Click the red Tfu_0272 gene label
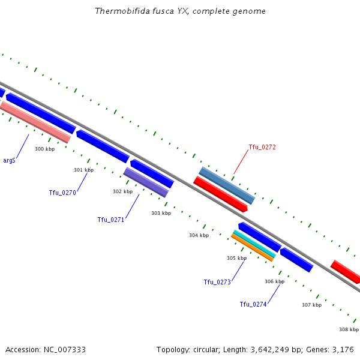262,147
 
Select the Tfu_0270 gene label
62,193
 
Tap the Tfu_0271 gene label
111,220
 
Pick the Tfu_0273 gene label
217,282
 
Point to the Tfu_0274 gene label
253,304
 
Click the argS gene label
9,160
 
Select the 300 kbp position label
44,149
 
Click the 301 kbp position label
83,170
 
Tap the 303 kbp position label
161,213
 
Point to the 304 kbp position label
199,235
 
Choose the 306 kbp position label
274,281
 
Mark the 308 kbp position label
349,329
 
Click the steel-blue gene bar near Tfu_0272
227,185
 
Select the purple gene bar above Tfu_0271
146,182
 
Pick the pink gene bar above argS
35,122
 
